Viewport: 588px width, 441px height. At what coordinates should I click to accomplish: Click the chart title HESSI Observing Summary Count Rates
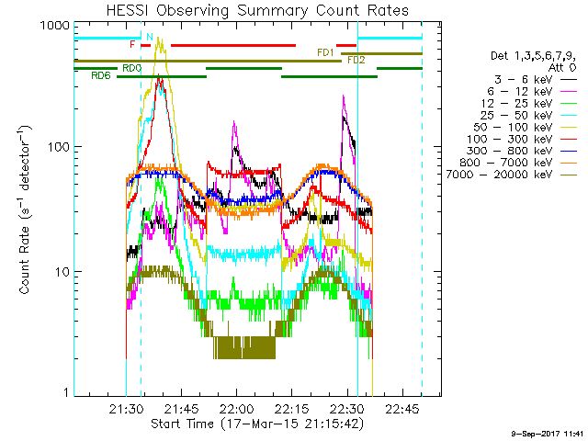point(257,10)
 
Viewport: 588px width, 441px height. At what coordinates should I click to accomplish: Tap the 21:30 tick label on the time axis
point(126,408)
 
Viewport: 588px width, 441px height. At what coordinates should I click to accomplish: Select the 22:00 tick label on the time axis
point(237,408)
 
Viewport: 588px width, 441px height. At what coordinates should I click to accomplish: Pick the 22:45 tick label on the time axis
point(403,408)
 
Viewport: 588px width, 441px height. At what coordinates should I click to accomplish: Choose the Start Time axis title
point(257,423)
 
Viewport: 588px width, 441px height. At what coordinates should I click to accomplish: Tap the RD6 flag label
point(101,76)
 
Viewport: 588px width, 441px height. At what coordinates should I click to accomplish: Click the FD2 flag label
point(356,60)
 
